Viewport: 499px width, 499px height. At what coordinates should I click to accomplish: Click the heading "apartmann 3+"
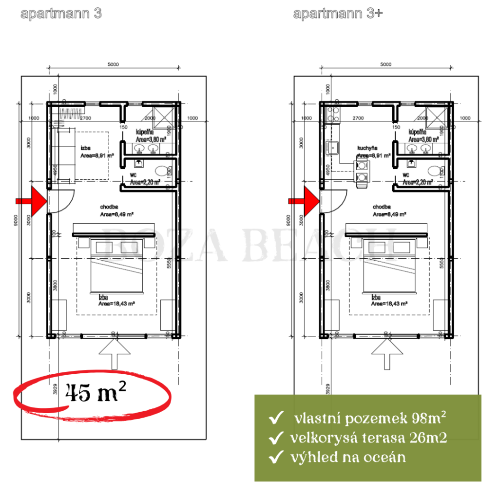(x=338, y=14)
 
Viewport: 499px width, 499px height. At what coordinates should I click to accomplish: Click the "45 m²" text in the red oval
(x=92, y=393)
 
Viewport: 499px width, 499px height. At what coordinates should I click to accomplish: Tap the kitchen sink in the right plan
(x=334, y=147)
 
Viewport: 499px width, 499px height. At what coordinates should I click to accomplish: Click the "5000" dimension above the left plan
(x=113, y=64)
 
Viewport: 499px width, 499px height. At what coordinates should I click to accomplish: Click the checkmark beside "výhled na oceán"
(x=275, y=458)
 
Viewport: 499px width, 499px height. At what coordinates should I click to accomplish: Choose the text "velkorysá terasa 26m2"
(x=368, y=438)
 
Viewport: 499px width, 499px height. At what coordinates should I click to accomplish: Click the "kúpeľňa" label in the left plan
(x=145, y=132)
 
